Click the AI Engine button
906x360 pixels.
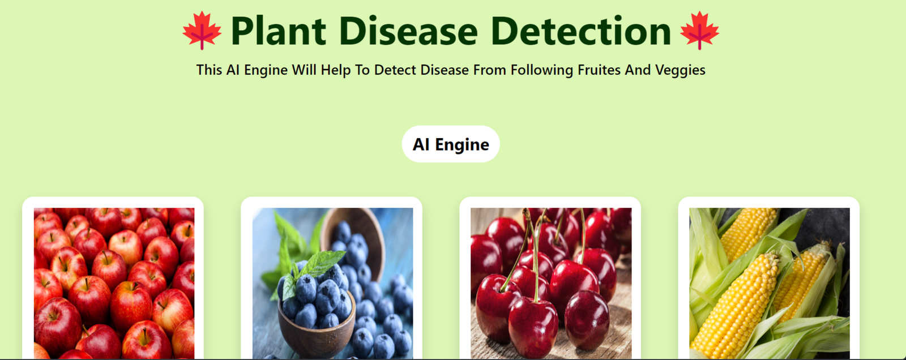point(451,144)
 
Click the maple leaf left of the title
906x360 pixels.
point(202,31)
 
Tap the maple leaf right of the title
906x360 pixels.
point(699,31)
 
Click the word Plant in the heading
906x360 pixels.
point(278,31)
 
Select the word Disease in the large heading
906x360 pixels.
point(408,31)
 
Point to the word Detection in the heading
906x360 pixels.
point(581,31)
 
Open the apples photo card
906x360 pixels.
point(113,278)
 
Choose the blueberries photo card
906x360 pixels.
point(331,278)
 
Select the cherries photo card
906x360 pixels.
point(550,278)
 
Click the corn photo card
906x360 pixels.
point(768,278)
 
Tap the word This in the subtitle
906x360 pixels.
point(209,70)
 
